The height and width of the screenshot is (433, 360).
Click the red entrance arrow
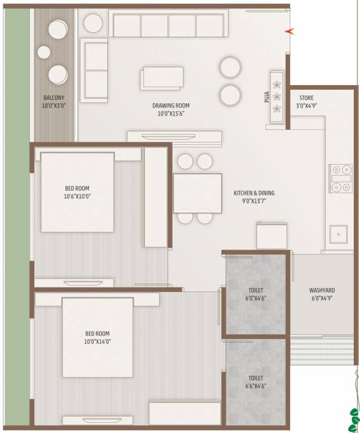click(x=289, y=31)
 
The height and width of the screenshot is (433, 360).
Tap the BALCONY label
click(x=54, y=97)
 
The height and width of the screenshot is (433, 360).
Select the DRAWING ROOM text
click(x=171, y=105)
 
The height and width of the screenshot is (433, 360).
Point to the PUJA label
click(x=266, y=98)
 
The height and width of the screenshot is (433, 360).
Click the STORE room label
click(x=306, y=97)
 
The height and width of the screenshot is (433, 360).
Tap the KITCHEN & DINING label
click(x=254, y=193)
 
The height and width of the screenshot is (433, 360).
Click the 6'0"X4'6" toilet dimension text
click(x=256, y=299)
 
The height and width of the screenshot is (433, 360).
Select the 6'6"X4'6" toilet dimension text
click(x=256, y=386)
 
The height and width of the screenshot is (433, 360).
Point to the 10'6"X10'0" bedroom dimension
click(x=77, y=197)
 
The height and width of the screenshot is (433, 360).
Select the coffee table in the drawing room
click(x=163, y=78)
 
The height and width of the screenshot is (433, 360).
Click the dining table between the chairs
click(x=197, y=193)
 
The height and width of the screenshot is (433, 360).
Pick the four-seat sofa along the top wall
click(x=168, y=25)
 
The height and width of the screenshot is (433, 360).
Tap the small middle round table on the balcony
click(x=44, y=52)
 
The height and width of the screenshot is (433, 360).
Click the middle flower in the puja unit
click(x=277, y=96)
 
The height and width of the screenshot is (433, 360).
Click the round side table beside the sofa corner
click(x=93, y=23)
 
